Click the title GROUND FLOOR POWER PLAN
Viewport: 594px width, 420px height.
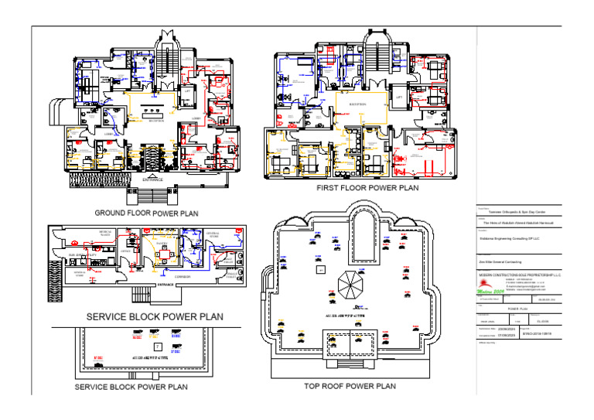(146, 213)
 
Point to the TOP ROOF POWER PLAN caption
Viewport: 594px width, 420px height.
(350, 386)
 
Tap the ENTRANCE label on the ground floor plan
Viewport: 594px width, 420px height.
(153, 179)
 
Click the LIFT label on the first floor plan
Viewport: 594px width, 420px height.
(400, 97)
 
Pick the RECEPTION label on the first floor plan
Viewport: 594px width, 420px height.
(357, 103)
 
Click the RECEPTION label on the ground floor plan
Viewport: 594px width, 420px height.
(156, 121)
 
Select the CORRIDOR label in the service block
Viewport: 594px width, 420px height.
(183, 276)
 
